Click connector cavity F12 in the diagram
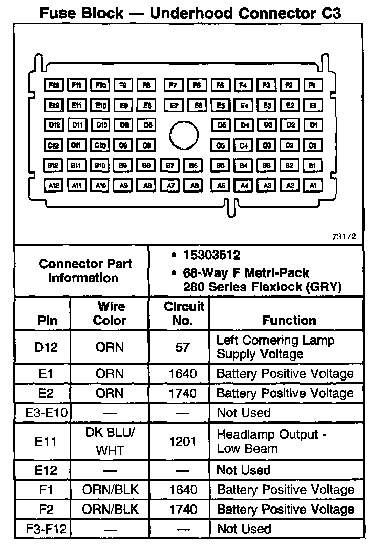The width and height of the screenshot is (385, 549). (x=54, y=85)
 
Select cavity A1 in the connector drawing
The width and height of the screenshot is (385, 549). (x=313, y=185)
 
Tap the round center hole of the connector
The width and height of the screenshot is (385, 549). (x=184, y=135)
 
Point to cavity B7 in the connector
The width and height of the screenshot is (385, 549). (x=170, y=166)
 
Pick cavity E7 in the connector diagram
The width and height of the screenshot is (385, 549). (x=174, y=105)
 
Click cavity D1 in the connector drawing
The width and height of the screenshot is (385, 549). (x=313, y=125)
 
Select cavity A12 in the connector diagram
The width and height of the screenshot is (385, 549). (x=54, y=185)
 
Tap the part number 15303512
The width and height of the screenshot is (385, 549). (x=211, y=255)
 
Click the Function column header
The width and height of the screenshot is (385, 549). (x=289, y=320)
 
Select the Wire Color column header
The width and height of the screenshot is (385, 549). (x=110, y=313)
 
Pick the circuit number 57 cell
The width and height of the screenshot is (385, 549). (x=182, y=347)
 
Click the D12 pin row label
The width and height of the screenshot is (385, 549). (x=46, y=347)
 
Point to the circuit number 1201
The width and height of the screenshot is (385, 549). (x=182, y=441)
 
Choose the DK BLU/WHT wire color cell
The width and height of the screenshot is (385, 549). (x=110, y=441)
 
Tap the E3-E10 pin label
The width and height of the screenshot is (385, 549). (x=46, y=413)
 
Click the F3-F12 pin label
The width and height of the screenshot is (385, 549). (x=46, y=529)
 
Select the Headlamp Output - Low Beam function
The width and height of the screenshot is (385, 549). (x=271, y=441)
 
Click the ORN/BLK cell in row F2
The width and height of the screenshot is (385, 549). (x=110, y=509)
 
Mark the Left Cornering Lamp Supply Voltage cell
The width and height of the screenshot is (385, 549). (x=275, y=347)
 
